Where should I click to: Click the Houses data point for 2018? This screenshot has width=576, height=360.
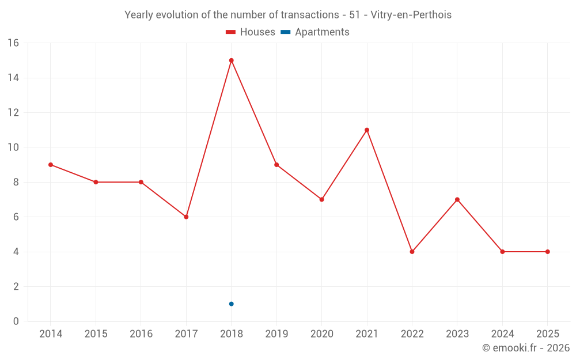(x=231, y=60)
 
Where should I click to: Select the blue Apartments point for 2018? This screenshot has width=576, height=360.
(x=231, y=304)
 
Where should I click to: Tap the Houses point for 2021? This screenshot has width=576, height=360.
(x=367, y=130)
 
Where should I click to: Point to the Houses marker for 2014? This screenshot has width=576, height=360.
(x=51, y=165)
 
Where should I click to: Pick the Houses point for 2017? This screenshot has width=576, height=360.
(x=186, y=217)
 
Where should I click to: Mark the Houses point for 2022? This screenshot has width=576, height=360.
(x=412, y=252)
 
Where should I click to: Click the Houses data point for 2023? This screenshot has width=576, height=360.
(x=457, y=200)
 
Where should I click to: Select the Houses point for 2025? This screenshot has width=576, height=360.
(x=547, y=252)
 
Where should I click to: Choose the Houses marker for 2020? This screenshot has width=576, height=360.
(x=321, y=200)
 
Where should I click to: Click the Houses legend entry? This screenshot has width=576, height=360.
(x=251, y=32)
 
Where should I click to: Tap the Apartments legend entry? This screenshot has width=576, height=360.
(x=315, y=32)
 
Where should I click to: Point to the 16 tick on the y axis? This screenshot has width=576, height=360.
(x=13, y=43)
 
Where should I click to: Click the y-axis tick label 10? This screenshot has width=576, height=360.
(x=13, y=147)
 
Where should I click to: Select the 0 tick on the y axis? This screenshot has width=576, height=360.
(x=16, y=321)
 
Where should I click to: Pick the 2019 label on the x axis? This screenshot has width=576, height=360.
(x=276, y=334)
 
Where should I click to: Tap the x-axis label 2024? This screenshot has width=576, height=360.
(x=502, y=334)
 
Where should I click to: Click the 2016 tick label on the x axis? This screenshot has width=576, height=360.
(x=141, y=334)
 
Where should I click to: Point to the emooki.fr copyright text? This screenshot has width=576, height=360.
(x=526, y=348)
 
